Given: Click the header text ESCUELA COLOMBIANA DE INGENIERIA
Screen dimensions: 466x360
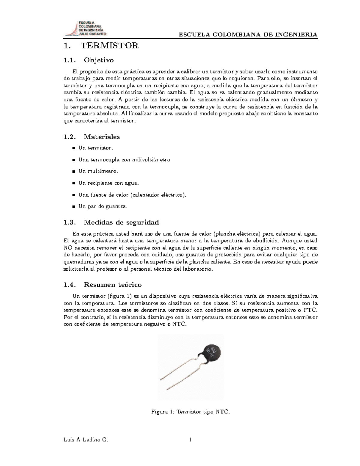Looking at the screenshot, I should tap(248, 35).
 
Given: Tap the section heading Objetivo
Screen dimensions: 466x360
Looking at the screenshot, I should tap(99, 60).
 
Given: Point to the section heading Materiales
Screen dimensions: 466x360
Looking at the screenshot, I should tap(102, 137).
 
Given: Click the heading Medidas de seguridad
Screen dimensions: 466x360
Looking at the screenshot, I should tap(121, 222).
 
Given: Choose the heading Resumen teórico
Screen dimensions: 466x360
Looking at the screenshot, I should tap(112, 284).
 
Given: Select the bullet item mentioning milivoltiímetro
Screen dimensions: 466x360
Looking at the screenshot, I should tap(124, 160).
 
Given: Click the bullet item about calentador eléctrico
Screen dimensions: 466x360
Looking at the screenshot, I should tap(132, 195).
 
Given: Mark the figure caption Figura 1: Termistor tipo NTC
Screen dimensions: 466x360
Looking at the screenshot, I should tap(190, 412).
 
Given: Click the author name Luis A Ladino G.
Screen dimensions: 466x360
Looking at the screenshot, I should tap(85, 440).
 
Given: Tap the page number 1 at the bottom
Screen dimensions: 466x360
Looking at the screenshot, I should tap(190, 440).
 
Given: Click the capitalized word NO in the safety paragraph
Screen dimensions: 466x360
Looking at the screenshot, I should tap(68, 248).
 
